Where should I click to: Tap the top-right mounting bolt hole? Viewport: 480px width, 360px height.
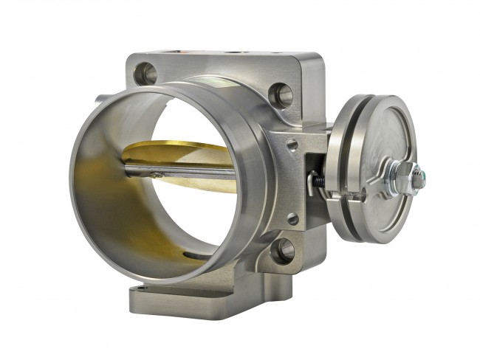[281, 94]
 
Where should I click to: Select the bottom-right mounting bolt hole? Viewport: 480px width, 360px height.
[283, 250]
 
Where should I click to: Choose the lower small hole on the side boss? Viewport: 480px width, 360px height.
[293, 218]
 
